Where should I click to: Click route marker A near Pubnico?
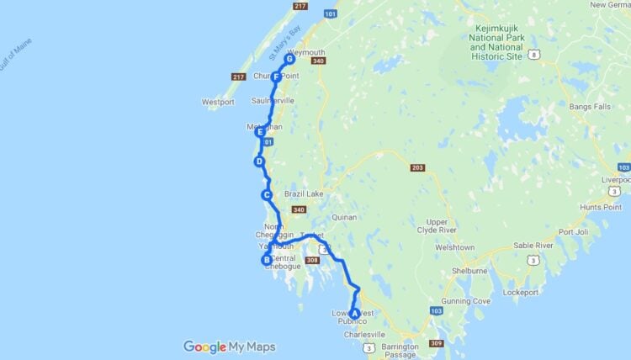point(354,314)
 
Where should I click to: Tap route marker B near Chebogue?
point(266,260)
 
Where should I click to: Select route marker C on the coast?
point(266,196)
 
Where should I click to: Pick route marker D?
point(259,161)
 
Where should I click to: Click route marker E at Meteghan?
point(261,131)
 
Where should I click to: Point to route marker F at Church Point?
point(275,77)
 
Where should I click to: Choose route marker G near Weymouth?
point(289,60)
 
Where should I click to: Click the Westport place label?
point(217,102)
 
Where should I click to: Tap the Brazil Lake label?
point(304,193)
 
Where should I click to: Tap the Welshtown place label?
point(455,248)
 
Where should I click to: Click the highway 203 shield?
point(417,169)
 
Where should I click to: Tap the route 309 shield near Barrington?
point(435,342)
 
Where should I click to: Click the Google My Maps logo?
point(230,347)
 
